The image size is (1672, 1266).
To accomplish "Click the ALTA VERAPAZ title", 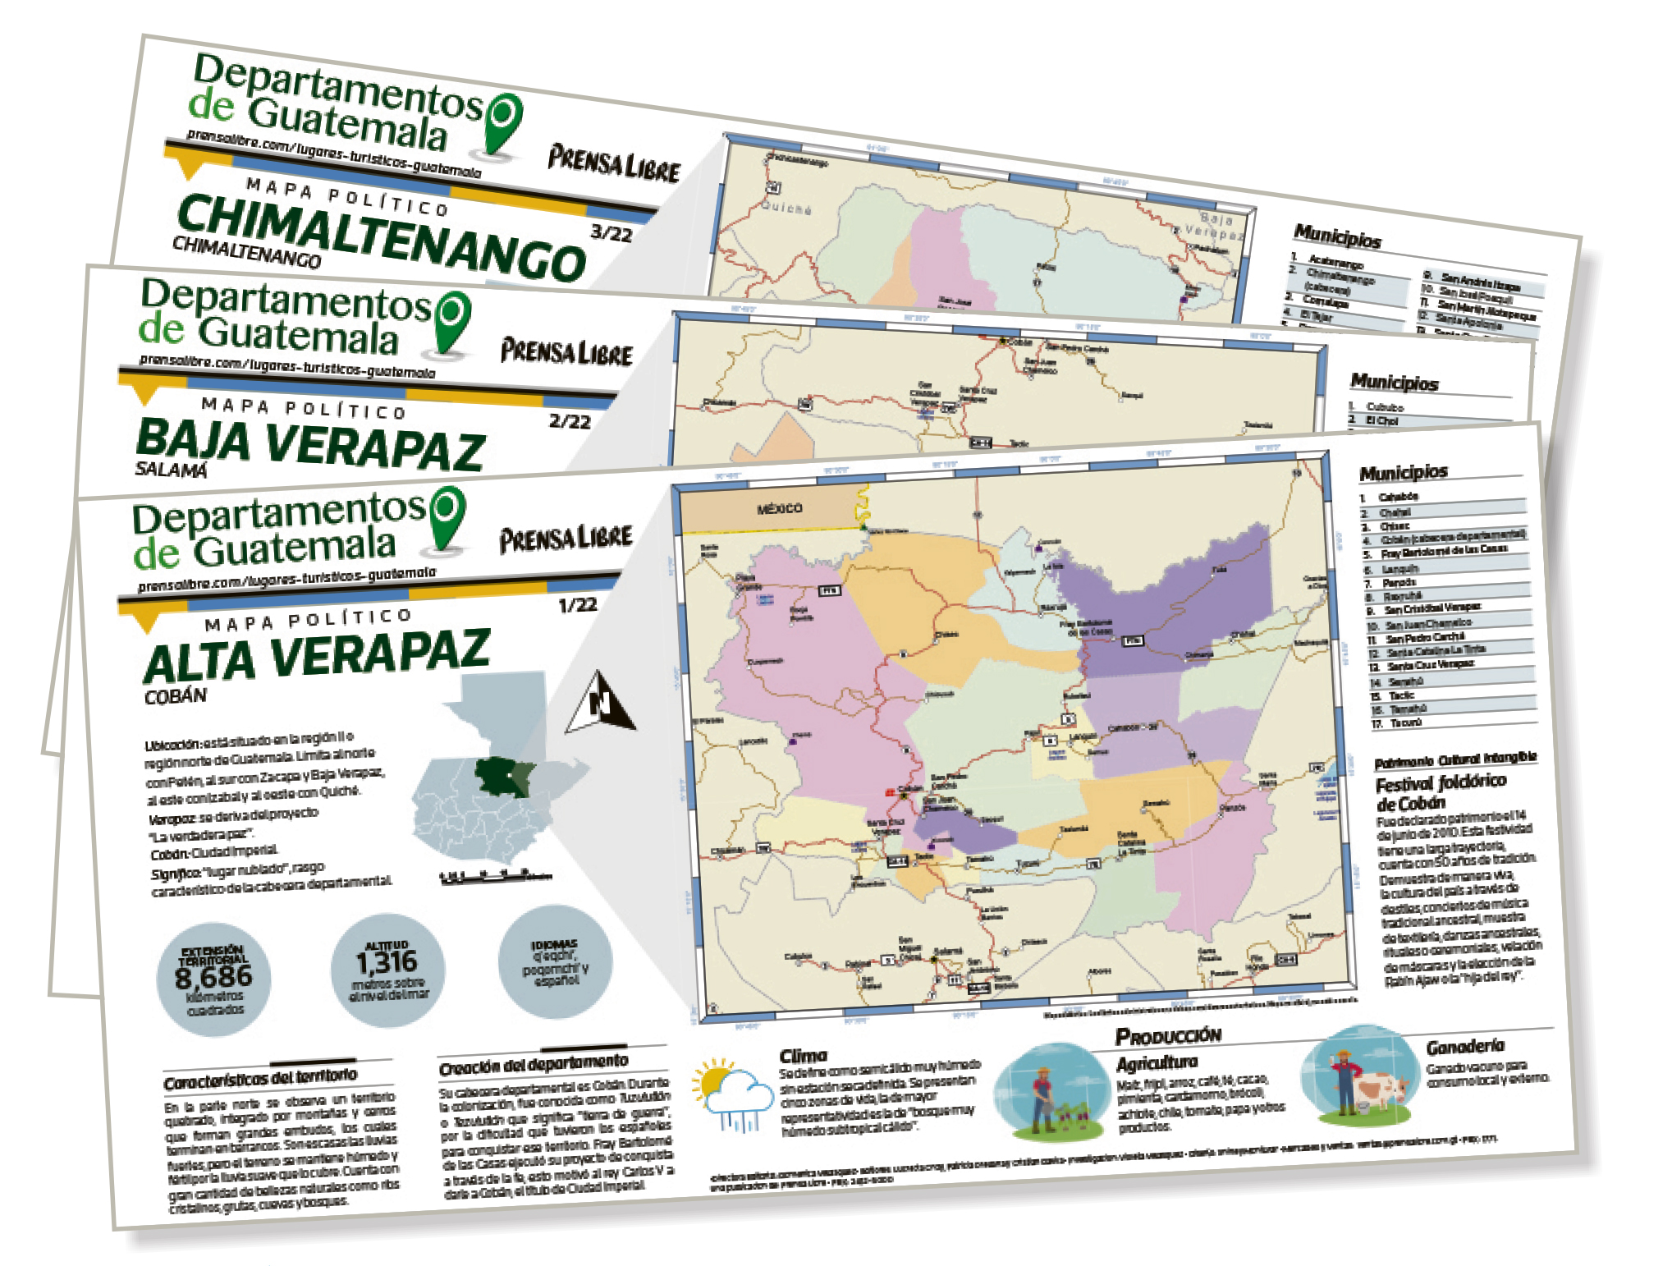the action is (317, 656).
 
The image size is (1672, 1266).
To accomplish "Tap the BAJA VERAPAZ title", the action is (310, 445).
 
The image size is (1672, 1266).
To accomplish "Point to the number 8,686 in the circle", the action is (213, 976).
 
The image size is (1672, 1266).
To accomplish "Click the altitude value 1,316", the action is (387, 961).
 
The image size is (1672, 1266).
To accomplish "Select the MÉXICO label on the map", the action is (779, 508).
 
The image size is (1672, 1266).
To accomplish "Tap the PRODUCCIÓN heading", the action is (1167, 1036).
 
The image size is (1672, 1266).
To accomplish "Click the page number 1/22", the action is (577, 605).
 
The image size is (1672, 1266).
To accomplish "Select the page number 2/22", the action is (570, 421).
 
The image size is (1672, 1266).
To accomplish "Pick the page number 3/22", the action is (612, 232).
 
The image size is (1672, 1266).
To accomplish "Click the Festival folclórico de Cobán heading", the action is (1441, 791).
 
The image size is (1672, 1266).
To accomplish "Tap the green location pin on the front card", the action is (447, 516).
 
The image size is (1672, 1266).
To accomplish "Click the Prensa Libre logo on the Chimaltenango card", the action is (614, 163).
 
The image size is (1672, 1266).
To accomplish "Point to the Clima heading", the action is (803, 1056).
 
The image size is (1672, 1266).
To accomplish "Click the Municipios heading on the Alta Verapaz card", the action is (1403, 472).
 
